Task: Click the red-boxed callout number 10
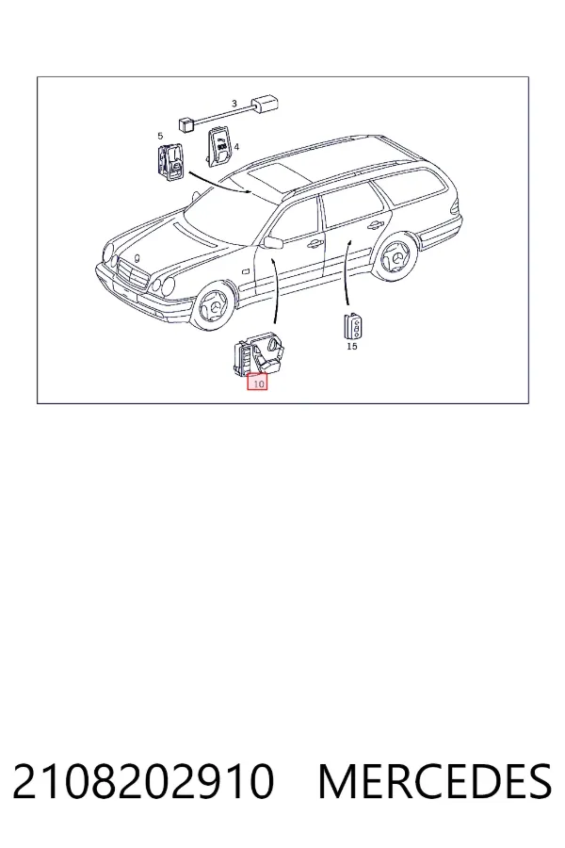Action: (257, 383)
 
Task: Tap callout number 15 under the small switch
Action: (352, 346)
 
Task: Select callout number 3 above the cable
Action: (234, 104)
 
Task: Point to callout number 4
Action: (236, 146)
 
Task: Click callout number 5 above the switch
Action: (160, 136)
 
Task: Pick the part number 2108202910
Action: (143, 781)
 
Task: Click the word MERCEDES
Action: (435, 781)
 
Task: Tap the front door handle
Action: (312, 244)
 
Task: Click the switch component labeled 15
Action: (352, 327)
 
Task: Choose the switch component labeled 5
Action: (170, 160)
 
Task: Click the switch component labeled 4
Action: (218, 145)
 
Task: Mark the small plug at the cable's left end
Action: (186, 123)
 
